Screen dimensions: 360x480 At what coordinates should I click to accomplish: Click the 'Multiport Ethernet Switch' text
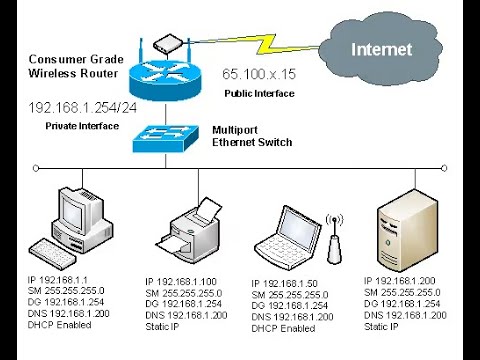[x=252, y=136]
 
